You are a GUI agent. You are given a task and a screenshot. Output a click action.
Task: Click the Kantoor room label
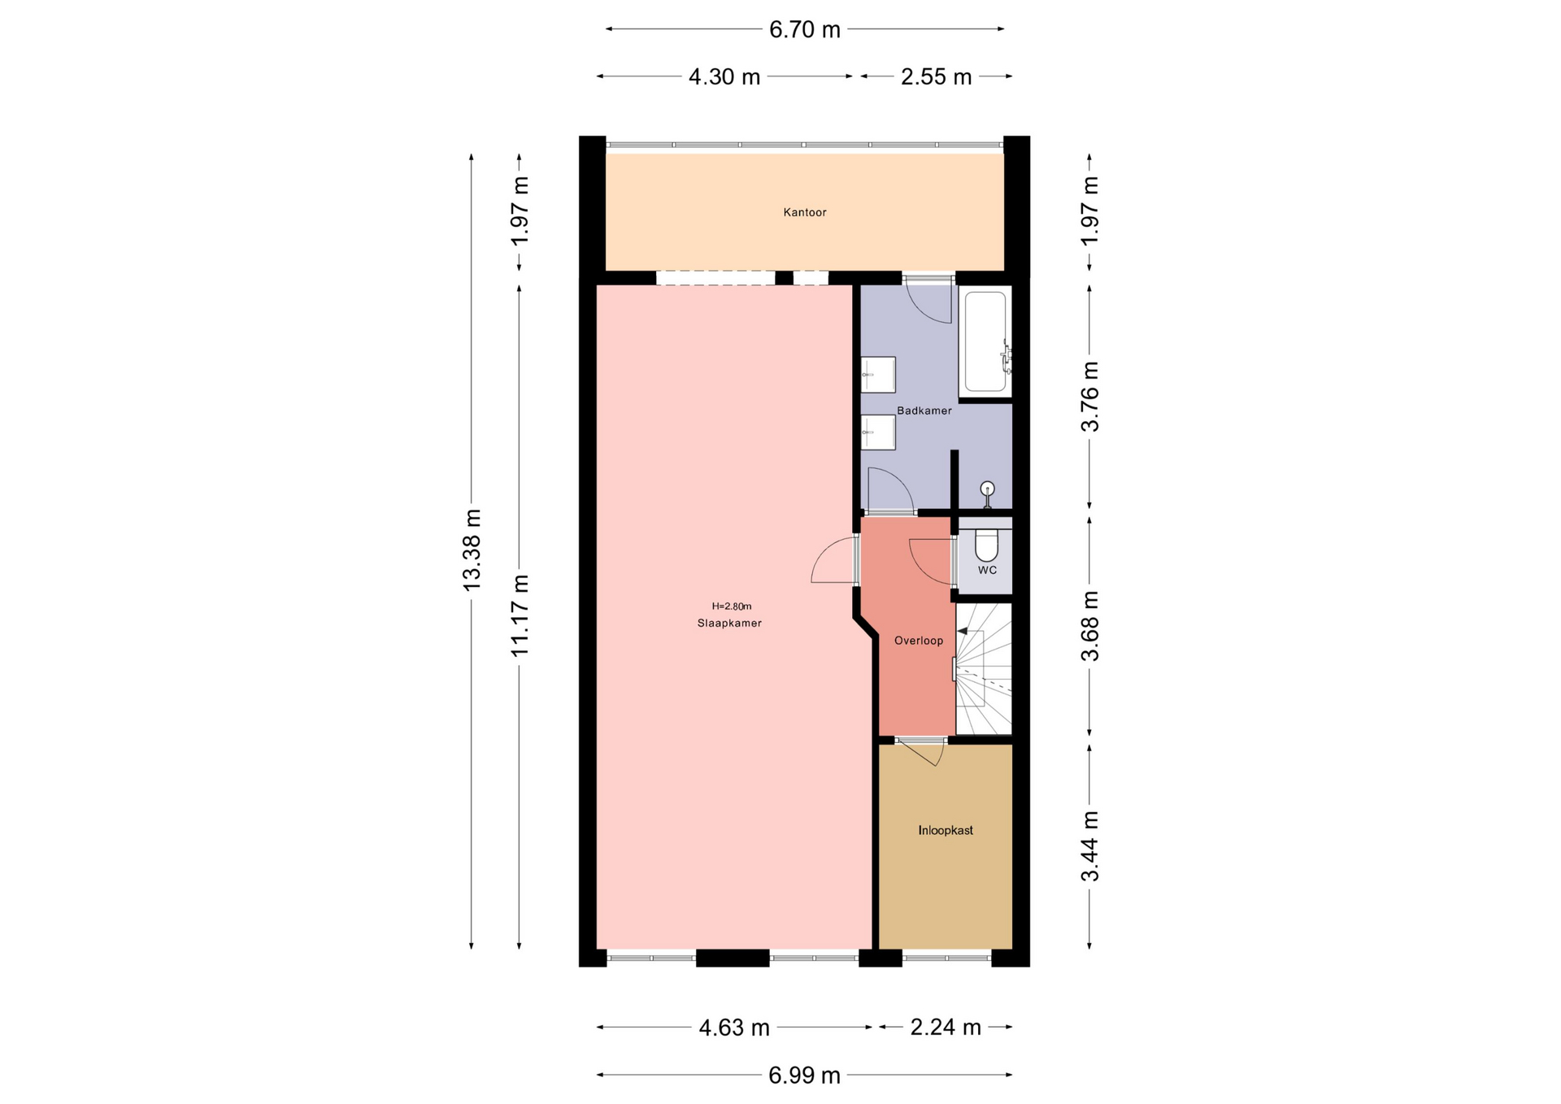(x=804, y=212)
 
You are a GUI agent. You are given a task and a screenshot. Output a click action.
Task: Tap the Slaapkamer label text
(x=729, y=624)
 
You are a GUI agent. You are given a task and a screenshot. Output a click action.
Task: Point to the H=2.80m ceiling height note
(x=732, y=606)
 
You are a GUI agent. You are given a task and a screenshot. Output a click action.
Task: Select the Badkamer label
(x=924, y=411)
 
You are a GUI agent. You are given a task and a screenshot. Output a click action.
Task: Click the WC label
(x=987, y=570)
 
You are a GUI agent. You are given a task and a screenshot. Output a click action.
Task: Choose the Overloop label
(x=919, y=641)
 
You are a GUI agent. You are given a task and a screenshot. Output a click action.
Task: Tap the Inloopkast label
(x=946, y=830)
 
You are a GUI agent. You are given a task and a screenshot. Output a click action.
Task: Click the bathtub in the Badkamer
(x=985, y=342)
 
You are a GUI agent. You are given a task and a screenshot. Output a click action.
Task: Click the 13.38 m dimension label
(x=472, y=550)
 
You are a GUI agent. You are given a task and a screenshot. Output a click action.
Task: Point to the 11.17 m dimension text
(x=520, y=615)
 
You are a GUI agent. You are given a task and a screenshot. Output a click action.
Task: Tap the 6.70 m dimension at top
(x=804, y=29)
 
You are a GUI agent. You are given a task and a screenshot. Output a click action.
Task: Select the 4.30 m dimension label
(x=724, y=76)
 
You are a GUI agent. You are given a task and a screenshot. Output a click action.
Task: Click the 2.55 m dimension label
(x=936, y=76)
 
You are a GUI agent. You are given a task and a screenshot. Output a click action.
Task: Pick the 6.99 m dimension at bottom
(x=804, y=1075)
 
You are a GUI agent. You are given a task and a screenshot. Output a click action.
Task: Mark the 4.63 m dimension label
(x=734, y=1028)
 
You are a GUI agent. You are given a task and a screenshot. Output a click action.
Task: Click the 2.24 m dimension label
(x=946, y=1028)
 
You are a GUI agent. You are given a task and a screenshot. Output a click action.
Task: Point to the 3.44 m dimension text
(x=1089, y=845)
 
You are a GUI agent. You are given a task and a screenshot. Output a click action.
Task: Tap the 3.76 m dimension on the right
(x=1089, y=396)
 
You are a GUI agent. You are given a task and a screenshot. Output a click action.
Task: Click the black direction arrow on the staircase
(x=963, y=630)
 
